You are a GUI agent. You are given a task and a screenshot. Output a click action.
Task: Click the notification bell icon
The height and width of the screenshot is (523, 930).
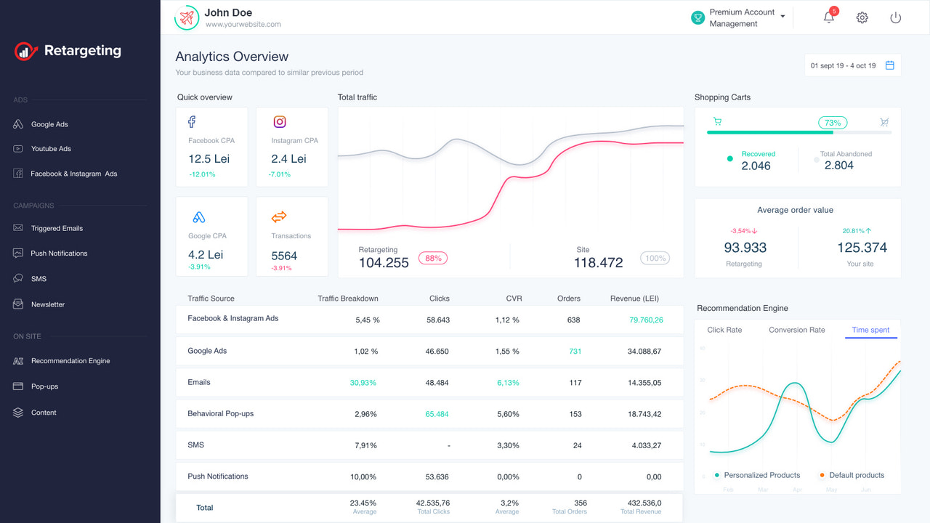pos(828,17)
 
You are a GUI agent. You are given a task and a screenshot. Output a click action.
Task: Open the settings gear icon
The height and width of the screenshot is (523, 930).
pos(862,17)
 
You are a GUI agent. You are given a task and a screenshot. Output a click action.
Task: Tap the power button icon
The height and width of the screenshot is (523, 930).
pos(895,17)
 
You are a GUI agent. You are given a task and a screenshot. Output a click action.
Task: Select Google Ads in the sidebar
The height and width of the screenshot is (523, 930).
pos(49,124)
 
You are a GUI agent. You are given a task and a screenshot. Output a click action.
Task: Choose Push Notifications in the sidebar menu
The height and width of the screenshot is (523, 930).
pos(58,254)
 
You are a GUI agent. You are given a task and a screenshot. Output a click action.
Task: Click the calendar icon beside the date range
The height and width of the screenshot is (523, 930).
pos(889,65)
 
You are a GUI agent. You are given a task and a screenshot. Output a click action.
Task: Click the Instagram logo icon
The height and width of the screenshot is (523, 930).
pos(280,122)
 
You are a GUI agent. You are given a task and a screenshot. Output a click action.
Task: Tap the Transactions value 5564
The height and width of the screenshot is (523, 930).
pos(284,256)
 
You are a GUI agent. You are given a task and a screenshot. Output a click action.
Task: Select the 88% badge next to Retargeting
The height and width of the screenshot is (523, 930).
pos(433,258)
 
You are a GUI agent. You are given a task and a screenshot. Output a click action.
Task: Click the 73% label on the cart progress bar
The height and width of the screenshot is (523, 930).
pos(833,123)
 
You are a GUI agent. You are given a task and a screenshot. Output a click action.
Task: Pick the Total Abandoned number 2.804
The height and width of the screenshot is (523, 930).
pos(839,166)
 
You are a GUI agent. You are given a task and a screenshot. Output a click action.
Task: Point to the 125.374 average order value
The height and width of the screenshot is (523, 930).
pos(862,248)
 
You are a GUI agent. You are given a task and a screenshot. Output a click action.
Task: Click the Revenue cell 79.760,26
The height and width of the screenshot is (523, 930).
pos(646,320)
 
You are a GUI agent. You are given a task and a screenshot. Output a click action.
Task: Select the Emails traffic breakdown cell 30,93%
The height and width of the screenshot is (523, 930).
pos(363,383)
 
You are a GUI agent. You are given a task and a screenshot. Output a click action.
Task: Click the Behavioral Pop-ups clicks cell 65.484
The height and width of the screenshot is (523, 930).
pos(437,414)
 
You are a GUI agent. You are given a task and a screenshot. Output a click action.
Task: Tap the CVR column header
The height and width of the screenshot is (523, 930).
pos(514,299)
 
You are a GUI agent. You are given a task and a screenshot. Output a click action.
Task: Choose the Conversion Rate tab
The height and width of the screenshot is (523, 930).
pos(797,330)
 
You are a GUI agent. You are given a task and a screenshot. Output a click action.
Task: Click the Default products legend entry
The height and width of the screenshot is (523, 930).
pos(856,475)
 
